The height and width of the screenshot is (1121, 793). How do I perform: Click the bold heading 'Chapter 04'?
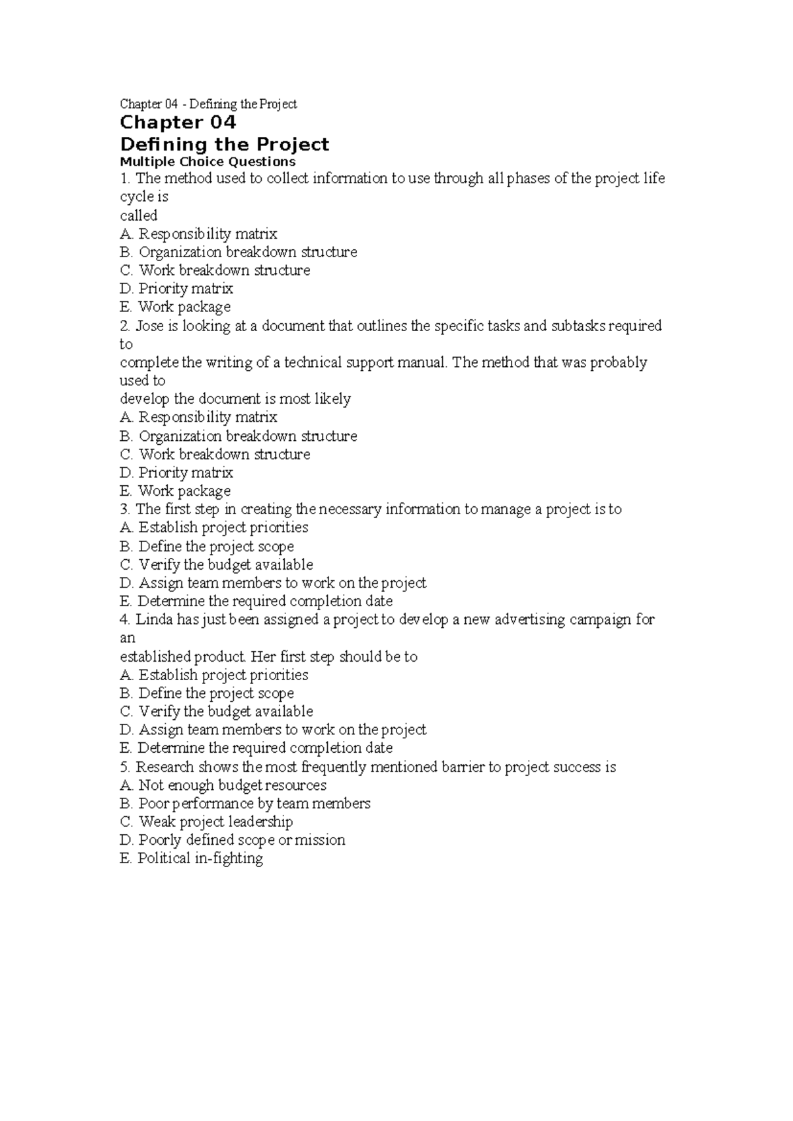tap(178, 123)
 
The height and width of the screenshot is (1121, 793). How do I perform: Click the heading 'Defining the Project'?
tap(224, 145)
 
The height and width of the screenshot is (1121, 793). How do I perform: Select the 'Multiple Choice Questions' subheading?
tap(208, 162)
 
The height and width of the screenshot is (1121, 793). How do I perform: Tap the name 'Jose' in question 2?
tap(149, 326)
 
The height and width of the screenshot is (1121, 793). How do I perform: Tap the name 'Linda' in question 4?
tap(154, 620)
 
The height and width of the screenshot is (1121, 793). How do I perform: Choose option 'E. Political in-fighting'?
tap(192, 859)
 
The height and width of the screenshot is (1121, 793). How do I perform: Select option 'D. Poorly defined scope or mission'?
tap(233, 840)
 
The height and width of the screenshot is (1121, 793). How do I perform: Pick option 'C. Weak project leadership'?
tap(206, 822)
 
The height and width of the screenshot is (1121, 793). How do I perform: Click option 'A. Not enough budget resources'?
tap(223, 785)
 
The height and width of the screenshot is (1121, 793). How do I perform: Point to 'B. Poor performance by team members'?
tap(245, 804)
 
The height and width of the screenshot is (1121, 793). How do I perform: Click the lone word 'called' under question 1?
tap(138, 215)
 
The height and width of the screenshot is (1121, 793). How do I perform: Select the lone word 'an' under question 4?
tap(128, 638)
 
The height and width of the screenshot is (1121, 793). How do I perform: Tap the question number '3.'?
tap(126, 510)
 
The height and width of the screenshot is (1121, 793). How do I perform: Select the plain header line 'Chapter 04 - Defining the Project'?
tap(208, 104)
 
